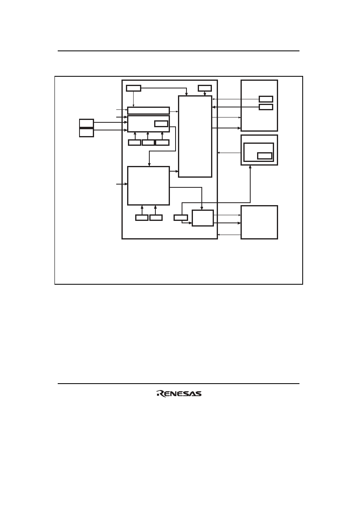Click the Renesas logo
[179, 394]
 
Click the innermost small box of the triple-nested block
[265, 156]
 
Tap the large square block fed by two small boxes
[149, 186]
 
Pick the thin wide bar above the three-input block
[149, 111]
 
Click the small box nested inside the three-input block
[161, 124]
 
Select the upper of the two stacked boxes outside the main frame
[86, 123]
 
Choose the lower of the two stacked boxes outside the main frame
[86, 133]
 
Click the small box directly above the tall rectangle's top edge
[205, 88]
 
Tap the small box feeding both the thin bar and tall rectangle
[134, 88]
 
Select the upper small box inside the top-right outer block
[266, 99]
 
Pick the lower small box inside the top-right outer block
[266, 107]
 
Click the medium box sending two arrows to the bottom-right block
[203, 218]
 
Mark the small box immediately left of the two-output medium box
[181, 218]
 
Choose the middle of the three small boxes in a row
[148, 143]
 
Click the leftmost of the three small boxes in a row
[134, 143]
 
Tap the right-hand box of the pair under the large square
[156, 218]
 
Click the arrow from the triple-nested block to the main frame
[229, 153]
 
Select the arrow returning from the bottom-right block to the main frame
[229, 235]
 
